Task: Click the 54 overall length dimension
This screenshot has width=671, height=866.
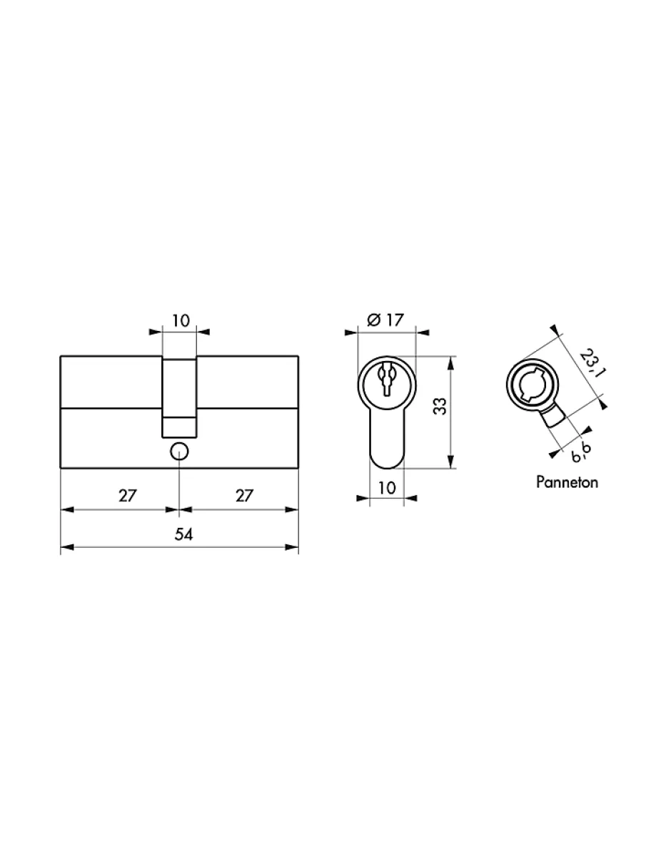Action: click(183, 535)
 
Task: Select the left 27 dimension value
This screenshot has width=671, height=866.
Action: click(128, 496)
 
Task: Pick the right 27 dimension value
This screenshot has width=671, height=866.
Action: click(244, 496)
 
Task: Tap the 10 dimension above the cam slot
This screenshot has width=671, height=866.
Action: click(181, 321)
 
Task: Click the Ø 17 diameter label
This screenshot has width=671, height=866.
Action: click(385, 320)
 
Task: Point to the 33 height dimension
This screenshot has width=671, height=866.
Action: click(440, 406)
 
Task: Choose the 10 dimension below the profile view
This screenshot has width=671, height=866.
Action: click(386, 488)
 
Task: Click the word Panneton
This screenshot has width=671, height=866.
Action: click(567, 482)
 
